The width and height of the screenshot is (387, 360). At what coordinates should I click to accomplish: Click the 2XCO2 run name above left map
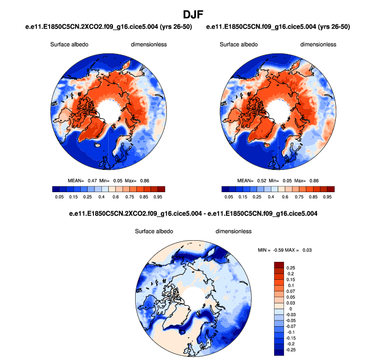click(109, 26)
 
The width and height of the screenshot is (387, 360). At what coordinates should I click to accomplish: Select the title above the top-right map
click(278, 26)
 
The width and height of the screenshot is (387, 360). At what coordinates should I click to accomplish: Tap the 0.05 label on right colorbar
click(229, 196)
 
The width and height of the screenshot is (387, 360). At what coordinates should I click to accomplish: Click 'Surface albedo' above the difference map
click(154, 231)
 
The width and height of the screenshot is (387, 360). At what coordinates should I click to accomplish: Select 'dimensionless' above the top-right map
click(318, 45)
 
